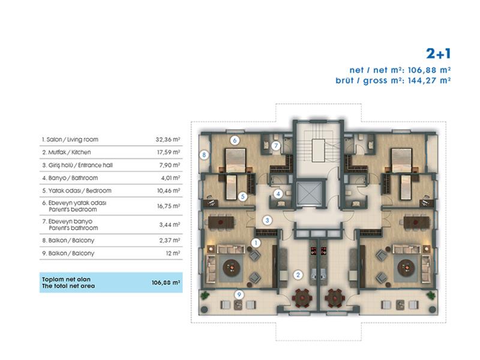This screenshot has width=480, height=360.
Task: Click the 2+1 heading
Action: click(x=439, y=54)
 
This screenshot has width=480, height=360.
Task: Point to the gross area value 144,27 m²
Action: click(x=429, y=80)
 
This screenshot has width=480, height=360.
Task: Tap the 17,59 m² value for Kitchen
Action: click(x=169, y=152)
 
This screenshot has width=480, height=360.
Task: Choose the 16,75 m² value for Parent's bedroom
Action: click(x=169, y=206)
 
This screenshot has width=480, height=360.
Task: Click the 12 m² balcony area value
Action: click(x=173, y=253)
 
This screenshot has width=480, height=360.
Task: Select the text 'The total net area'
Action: click(x=68, y=286)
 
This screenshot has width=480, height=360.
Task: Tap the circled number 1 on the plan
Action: click(x=256, y=244)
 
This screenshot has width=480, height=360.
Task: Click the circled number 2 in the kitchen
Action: click(x=298, y=275)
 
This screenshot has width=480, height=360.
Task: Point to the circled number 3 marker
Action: click(x=267, y=220)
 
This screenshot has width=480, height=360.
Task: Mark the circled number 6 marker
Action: click(x=235, y=140)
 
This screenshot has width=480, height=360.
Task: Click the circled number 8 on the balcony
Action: click(x=204, y=155)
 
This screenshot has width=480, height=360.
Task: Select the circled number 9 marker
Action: click(x=239, y=295)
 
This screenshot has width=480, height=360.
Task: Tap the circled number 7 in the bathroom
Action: click(x=276, y=146)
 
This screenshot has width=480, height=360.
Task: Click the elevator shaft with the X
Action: click(x=310, y=193)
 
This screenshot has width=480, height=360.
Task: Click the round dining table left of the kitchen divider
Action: click(x=302, y=297)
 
